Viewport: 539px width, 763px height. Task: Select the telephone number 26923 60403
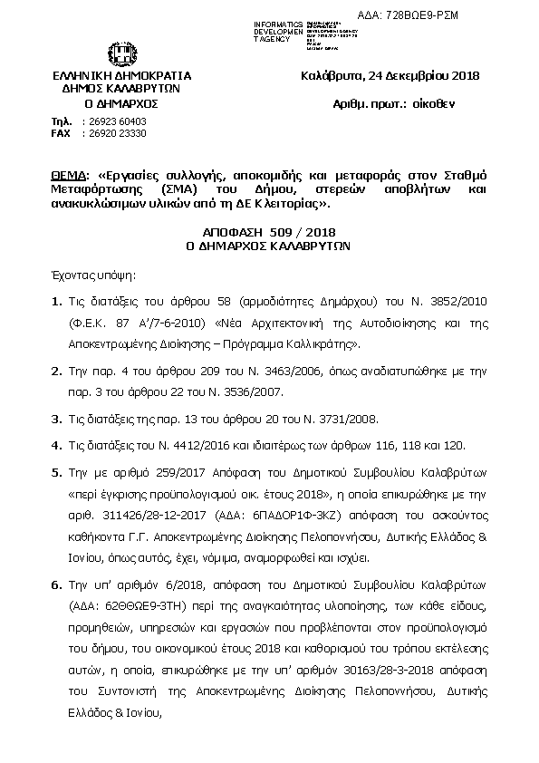pos(113,121)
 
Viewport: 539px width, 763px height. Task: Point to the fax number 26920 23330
pos(113,133)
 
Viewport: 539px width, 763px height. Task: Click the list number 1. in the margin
pos(56,299)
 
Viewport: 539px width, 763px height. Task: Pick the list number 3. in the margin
pos(56,418)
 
